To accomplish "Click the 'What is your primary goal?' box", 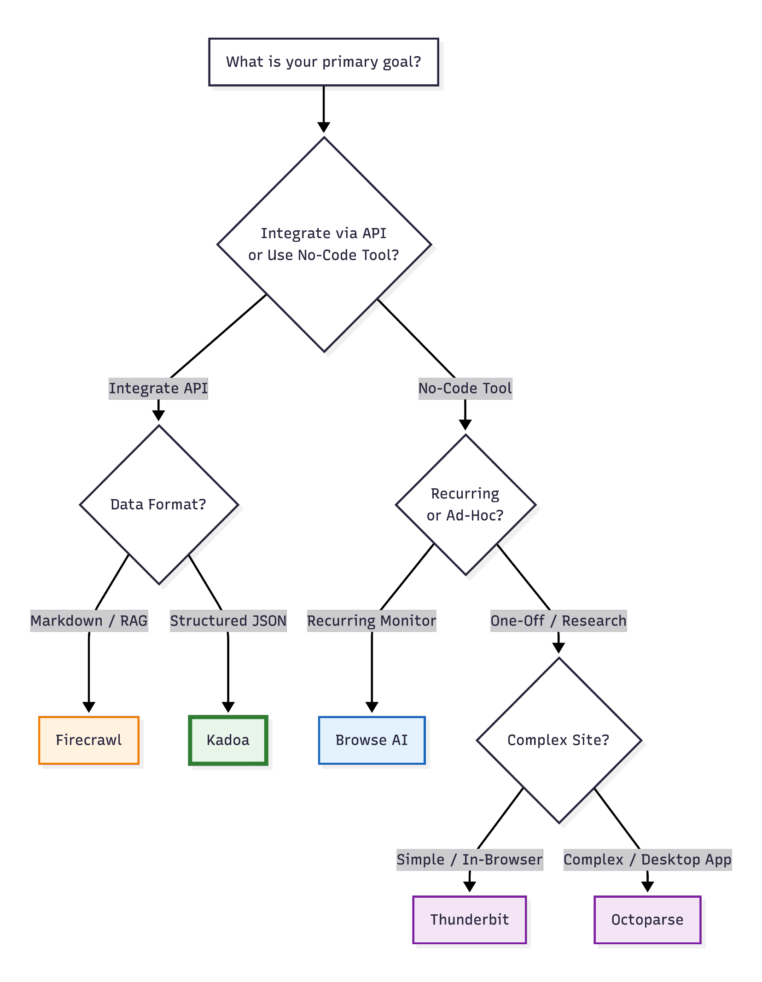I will (x=323, y=62).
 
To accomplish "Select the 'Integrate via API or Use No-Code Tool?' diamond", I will (x=324, y=244).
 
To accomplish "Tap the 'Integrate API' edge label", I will (x=158, y=388).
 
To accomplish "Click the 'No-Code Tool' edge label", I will (x=465, y=388).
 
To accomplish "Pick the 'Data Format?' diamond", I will (x=158, y=504).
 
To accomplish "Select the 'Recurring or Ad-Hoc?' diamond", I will (x=465, y=504).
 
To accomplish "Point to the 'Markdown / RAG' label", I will (x=89, y=620).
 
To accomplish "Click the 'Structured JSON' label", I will (x=228, y=620).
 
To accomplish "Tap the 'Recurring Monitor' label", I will (x=372, y=620).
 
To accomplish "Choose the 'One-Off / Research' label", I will (x=558, y=620).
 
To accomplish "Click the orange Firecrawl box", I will (x=89, y=740).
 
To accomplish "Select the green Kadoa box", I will (x=228, y=740).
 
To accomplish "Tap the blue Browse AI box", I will (x=372, y=740).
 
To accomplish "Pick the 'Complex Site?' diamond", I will (x=558, y=740).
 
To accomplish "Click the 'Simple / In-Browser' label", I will (x=470, y=859).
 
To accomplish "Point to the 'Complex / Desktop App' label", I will (x=647, y=859).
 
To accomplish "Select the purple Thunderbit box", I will (x=470, y=919).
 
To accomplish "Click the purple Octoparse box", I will (x=647, y=919).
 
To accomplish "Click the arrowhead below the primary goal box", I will (x=324, y=127).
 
